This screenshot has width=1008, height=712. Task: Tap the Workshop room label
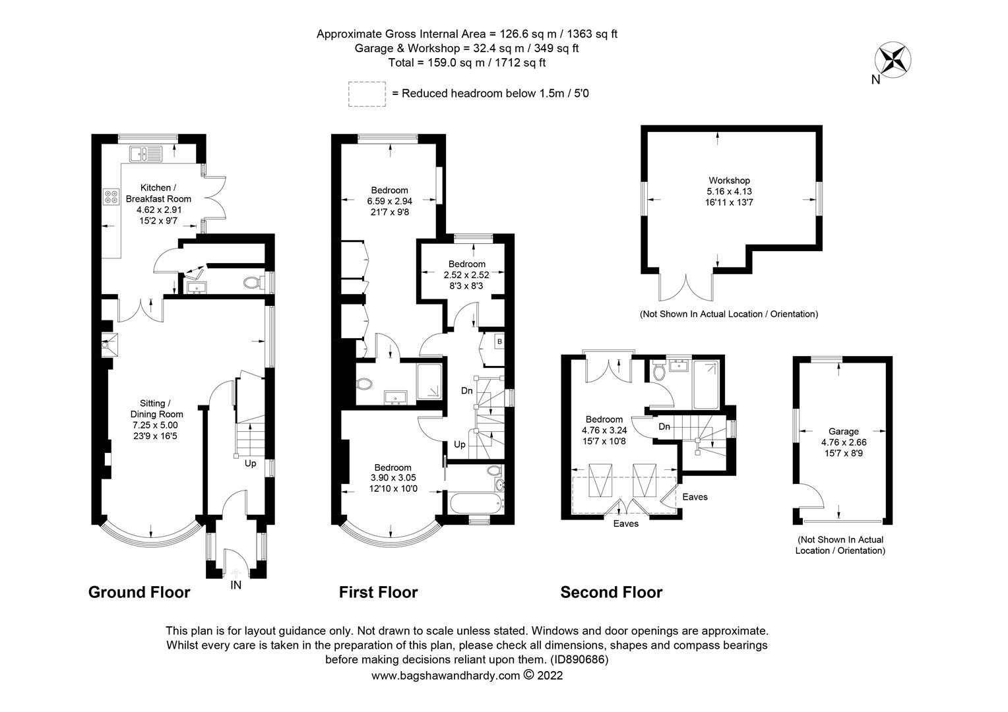(x=729, y=181)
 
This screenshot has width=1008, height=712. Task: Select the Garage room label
(x=843, y=431)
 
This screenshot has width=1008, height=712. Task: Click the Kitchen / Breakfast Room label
(x=158, y=193)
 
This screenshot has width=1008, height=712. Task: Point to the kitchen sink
(x=146, y=154)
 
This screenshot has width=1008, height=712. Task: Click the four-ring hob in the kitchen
(x=111, y=196)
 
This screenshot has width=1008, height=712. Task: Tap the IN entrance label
(x=236, y=585)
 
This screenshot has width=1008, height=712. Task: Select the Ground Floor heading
(x=139, y=593)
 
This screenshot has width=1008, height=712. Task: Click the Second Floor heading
(x=611, y=593)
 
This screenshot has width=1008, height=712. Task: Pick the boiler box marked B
(x=499, y=342)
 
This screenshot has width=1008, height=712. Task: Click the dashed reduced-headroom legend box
(x=367, y=94)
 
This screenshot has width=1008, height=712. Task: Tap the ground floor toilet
(x=252, y=282)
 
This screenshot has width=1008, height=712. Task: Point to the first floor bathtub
(x=476, y=503)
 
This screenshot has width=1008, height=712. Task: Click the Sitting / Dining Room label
(x=156, y=409)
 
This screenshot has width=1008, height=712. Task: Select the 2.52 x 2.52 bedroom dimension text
(x=466, y=275)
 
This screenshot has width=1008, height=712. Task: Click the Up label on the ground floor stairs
(x=250, y=463)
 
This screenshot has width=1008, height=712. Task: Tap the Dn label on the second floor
(x=664, y=427)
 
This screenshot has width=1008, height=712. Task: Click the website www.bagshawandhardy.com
(x=445, y=676)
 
